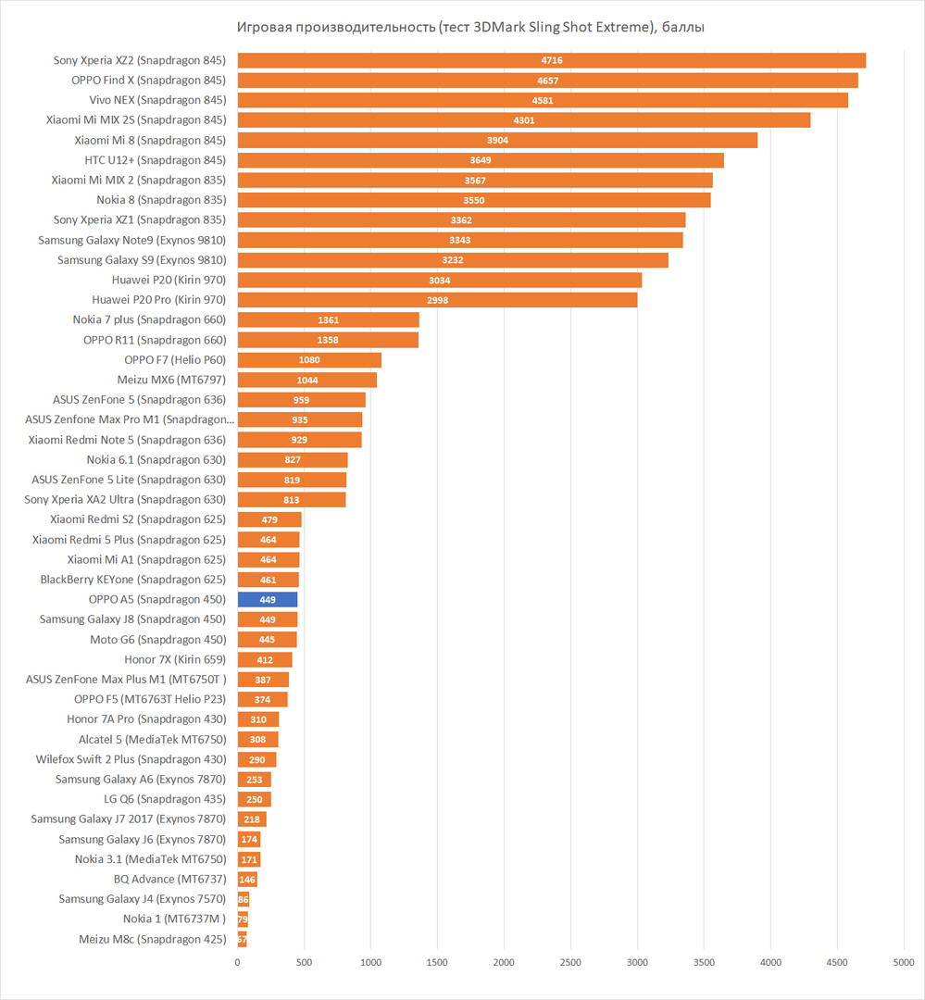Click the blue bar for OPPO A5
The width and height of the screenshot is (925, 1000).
click(268, 599)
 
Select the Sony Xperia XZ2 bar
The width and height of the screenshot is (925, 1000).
click(551, 60)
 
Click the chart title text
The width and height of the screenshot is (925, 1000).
click(470, 27)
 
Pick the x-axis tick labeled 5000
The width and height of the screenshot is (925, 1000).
click(903, 963)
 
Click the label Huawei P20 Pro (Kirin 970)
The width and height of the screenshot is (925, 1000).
click(158, 300)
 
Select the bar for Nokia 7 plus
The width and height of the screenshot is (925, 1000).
click(328, 319)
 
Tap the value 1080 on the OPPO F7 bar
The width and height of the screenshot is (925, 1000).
click(309, 360)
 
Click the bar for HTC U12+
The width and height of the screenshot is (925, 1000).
click(481, 160)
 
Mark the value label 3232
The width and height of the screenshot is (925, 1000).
click(453, 260)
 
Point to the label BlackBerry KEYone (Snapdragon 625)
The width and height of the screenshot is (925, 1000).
click(133, 580)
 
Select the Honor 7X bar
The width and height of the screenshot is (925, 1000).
click(265, 659)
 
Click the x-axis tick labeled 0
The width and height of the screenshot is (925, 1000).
click(238, 963)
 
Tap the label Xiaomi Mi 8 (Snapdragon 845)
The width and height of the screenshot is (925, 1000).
click(150, 140)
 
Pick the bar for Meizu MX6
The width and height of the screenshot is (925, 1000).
click(306, 380)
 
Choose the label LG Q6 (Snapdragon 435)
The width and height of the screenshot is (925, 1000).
click(165, 799)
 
